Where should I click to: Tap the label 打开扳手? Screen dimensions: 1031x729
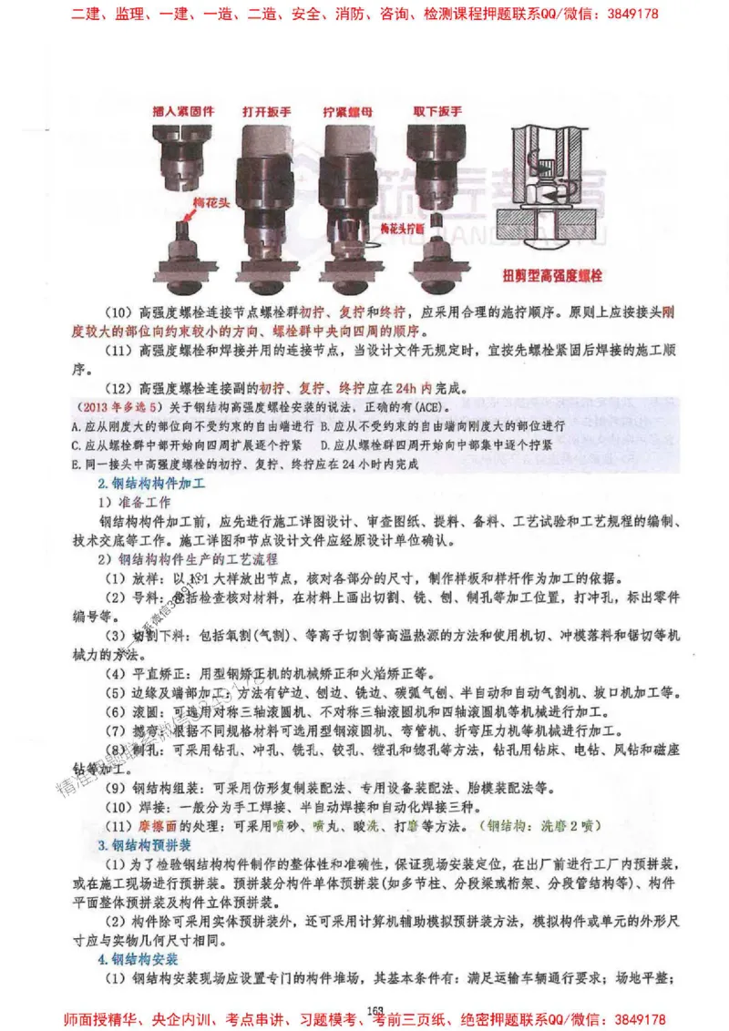point(268,112)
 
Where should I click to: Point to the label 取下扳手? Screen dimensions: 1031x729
point(436,112)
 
